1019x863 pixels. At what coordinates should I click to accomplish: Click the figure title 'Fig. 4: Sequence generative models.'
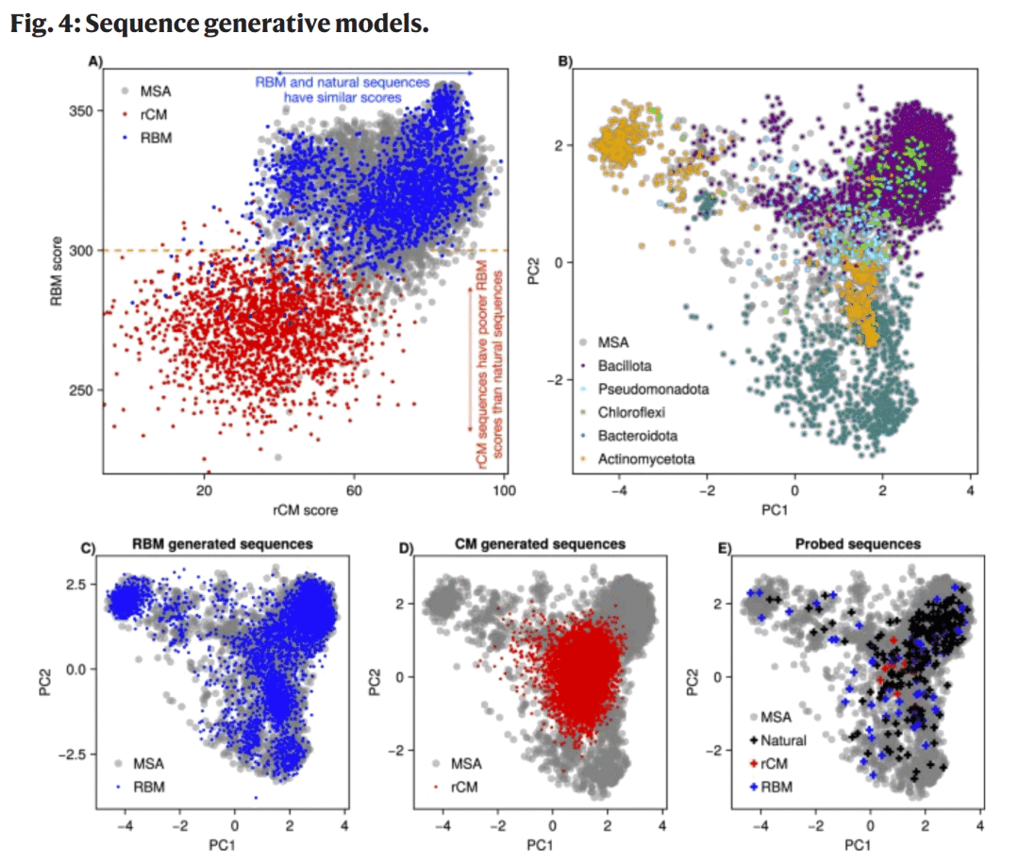tap(220, 25)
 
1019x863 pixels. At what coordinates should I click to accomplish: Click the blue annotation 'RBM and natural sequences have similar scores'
tap(341, 90)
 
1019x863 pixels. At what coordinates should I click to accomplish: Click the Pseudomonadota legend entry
tap(659, 388)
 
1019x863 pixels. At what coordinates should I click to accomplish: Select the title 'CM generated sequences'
tap(540, 544)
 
